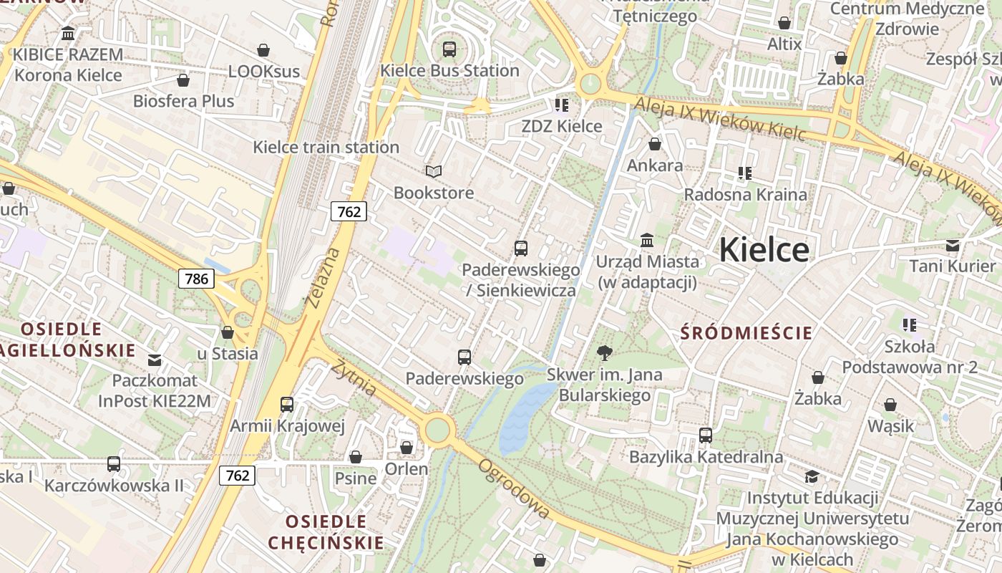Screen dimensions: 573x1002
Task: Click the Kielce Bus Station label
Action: click(x=449, y=70)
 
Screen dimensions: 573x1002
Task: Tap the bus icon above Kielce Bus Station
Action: click(x=449, y=49)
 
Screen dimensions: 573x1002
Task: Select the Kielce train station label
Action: click(x=326, y=147)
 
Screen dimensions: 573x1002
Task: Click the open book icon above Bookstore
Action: click(x=434, y=171)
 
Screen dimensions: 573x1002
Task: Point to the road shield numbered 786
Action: click(x=196, y=279)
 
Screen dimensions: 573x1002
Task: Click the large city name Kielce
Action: click(x=764, y=249)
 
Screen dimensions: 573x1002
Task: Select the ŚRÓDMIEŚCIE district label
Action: click(x=746, y=332)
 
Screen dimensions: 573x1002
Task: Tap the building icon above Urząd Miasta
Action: click(x=647, y=240)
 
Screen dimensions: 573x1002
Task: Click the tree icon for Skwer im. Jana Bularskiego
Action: click(x=605, y=352)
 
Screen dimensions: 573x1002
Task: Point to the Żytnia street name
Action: click(x=354, y=377)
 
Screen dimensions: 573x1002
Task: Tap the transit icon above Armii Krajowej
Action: click(x=287, y=405)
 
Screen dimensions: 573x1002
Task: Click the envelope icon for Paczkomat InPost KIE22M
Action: click(x=155, y=360)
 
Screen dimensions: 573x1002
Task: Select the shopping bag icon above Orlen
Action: click(x=407, y=448)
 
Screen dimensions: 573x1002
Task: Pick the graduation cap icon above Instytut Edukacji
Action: click(x=811, y=476)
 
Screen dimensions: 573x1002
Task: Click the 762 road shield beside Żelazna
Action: click(x=349, y=211)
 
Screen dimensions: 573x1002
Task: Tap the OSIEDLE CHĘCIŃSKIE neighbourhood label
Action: click(x=326, y=531)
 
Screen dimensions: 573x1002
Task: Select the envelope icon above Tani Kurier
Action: click(x=952, y=246)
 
